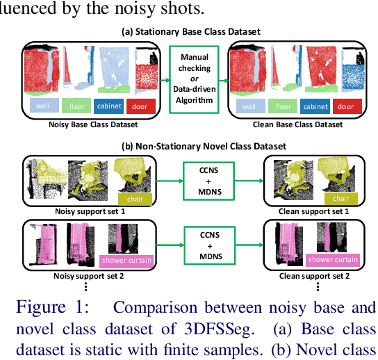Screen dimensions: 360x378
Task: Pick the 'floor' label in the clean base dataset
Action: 283,106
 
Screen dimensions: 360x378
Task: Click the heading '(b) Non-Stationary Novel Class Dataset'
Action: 192,146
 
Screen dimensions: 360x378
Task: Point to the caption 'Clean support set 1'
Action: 308,211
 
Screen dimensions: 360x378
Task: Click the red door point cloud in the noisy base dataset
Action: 147,78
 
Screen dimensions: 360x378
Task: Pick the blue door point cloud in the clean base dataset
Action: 347,78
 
